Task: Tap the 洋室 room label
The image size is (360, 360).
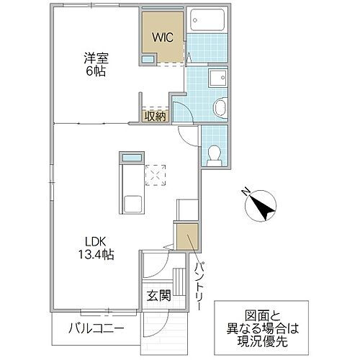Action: click(94, 58)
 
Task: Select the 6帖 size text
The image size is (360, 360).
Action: click(94, 72)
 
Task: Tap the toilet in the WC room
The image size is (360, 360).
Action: click(214, 153)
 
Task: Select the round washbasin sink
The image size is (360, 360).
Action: click(221, 109)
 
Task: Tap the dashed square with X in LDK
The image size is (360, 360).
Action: click(155, 174)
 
